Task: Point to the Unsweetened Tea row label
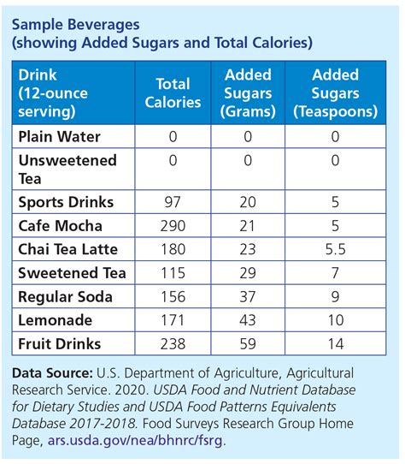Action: (67, 169)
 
